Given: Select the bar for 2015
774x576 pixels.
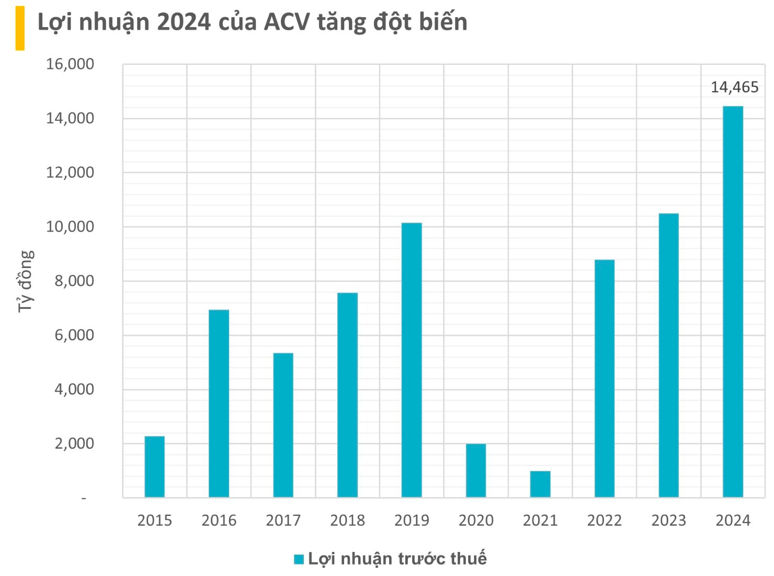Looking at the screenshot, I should [x=154, y=466].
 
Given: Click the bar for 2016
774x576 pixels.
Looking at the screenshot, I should [x=219, y=403].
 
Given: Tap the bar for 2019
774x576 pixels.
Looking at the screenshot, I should [x=412, y=360].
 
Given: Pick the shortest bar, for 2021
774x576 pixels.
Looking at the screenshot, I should [x=540, y=484].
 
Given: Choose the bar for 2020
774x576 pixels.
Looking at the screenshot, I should [x=476, y=470].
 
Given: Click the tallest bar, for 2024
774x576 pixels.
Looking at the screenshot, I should [x=733, y=302].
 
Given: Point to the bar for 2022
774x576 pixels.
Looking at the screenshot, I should [x=605, y=378].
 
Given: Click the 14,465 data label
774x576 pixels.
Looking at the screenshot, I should [x=734, y=87].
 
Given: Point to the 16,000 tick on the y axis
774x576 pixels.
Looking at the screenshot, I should [x=70, y=64].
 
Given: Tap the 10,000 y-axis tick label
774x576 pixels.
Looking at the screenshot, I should [x=70, y=227].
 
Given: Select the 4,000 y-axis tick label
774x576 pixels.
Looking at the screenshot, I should [x=74, y=389].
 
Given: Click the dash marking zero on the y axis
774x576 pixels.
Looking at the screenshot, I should [x=84, y=499].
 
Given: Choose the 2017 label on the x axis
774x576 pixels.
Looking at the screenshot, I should [x=283, y=521].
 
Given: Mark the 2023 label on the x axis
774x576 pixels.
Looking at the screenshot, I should [x=668, y=521].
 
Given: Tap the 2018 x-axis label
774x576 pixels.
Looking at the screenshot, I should [x=347, y=521].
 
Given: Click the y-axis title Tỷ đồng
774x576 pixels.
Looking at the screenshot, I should [x=25, y=281].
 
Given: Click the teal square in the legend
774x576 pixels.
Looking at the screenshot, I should [x=299, y=559].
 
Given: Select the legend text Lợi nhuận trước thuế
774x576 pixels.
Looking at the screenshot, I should [x=397, y=559].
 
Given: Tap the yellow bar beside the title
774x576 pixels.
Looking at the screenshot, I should [x=20, y=28].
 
